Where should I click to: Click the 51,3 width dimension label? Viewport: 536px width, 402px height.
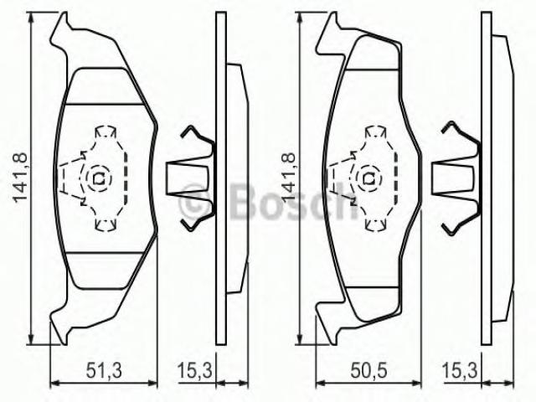tap(104, 370)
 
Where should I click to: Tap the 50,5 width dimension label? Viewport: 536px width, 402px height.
tap(369, 370)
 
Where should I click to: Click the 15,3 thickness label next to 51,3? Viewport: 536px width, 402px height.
tap(195, 370)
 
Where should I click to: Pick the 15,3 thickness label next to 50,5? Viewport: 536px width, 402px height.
tap(460, 370)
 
